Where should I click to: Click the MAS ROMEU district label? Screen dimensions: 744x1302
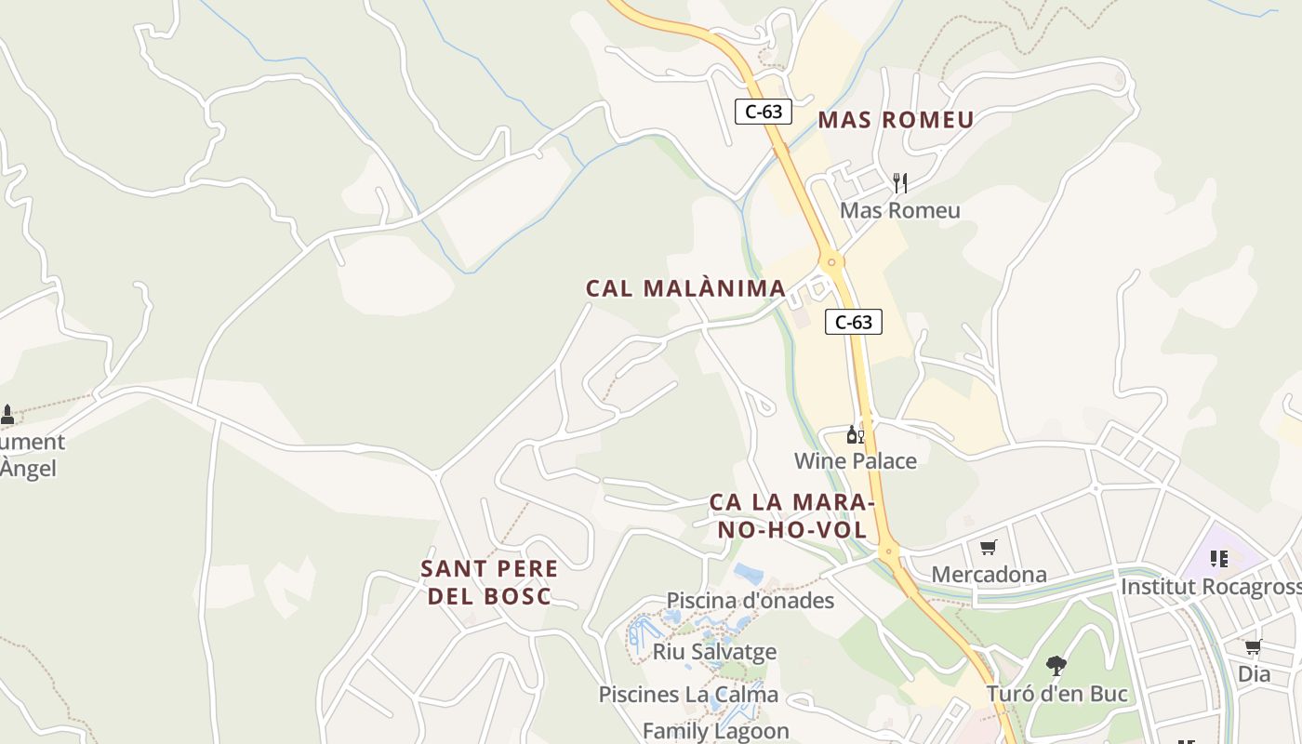click(x=896, y=120)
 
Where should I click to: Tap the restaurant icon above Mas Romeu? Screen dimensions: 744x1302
click(x=899, y=182)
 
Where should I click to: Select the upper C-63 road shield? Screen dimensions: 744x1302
click(x=764, y=112)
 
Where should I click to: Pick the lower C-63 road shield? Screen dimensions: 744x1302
click(x=854, y=323)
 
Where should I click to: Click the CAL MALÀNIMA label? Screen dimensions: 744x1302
click(x=686, y=288)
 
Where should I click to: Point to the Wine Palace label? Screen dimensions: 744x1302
click(x=855, y=461)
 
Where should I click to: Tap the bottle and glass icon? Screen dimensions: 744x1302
click(x=855, y=434)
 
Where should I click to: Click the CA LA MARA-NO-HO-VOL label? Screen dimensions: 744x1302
click(x=791, y=516)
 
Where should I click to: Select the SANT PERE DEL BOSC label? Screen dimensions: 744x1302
click(x=489, y=582)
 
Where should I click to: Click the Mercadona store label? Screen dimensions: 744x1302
click(x=989, y=575)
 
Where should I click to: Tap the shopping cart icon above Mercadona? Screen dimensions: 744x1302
click(x=988, y=548)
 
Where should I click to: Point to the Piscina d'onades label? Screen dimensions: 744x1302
click(x=751, y=601)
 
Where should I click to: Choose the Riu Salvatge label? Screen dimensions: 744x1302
click(x=714, y=651)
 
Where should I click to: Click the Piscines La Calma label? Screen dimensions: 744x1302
click(x=688, y=695)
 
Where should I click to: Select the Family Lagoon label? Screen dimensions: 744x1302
click(x=716, y=732)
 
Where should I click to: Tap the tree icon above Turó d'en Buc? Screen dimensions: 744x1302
click(x=1056, y=665)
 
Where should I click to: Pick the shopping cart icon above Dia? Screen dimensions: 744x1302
click(x=1253, y=646)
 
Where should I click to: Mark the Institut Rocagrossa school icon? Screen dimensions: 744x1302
click(x=1218, y=559)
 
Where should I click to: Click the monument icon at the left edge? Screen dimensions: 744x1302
click(x=7, y=415)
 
